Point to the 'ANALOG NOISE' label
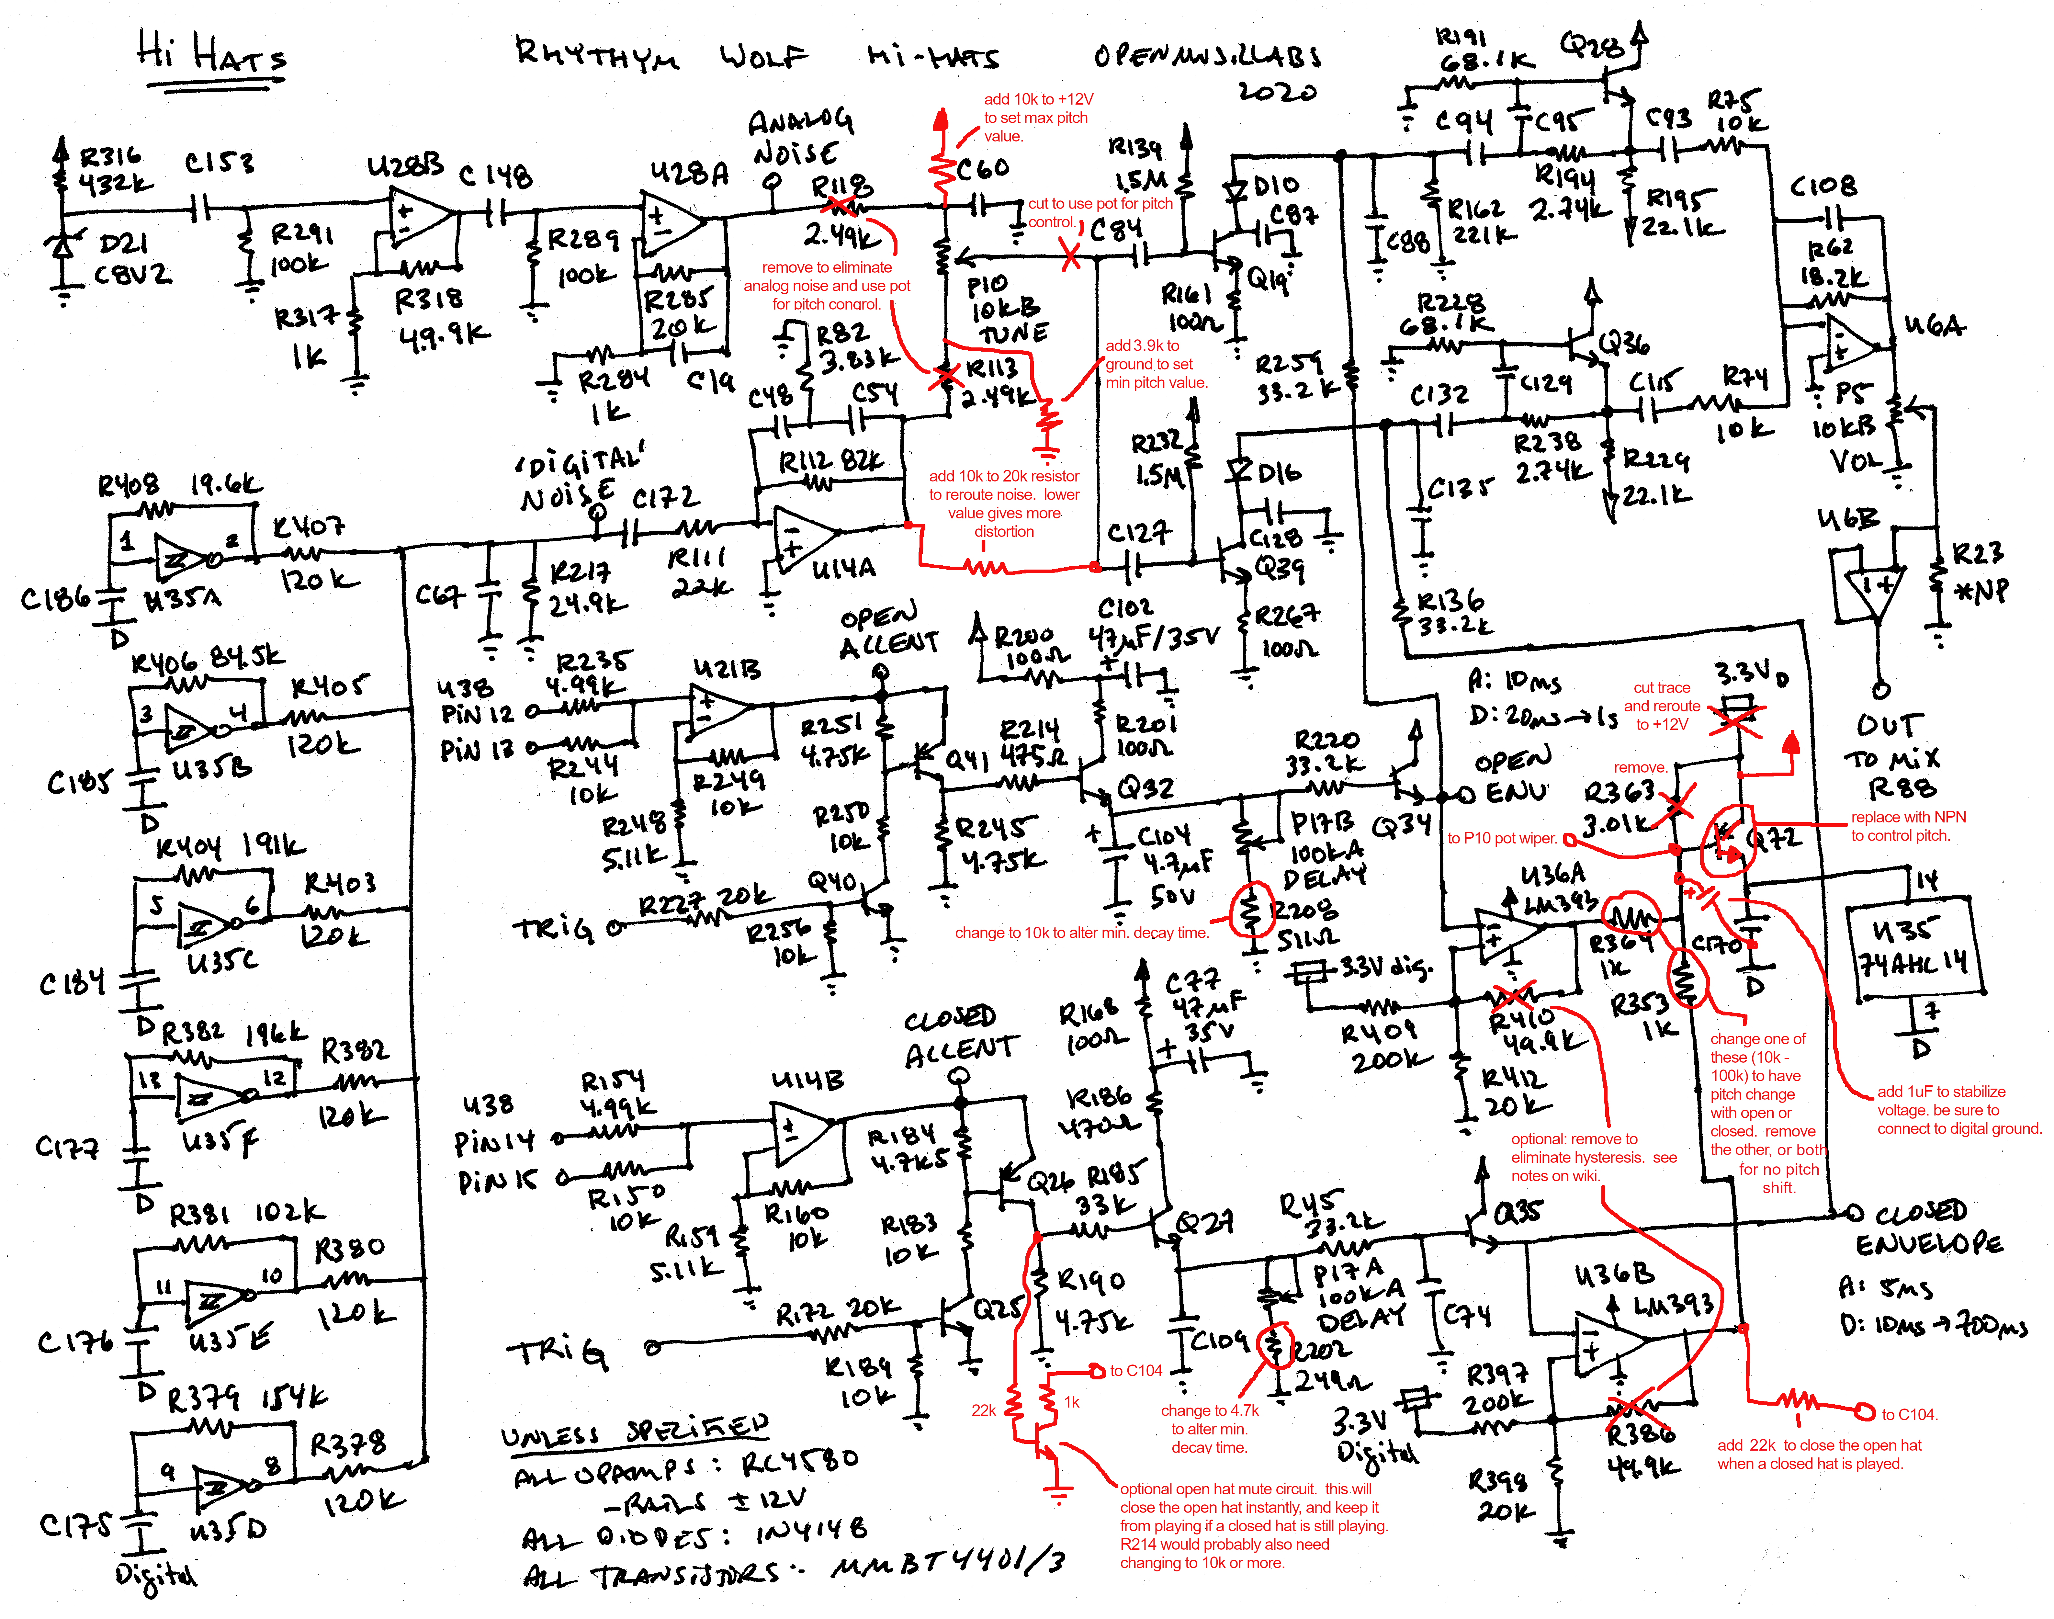click(799, 137)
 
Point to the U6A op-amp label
click(1934, 327)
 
